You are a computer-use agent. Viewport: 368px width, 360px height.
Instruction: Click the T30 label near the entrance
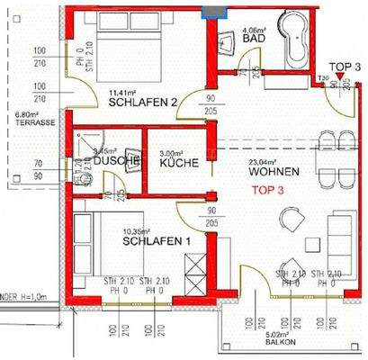(x=322, y=79)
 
